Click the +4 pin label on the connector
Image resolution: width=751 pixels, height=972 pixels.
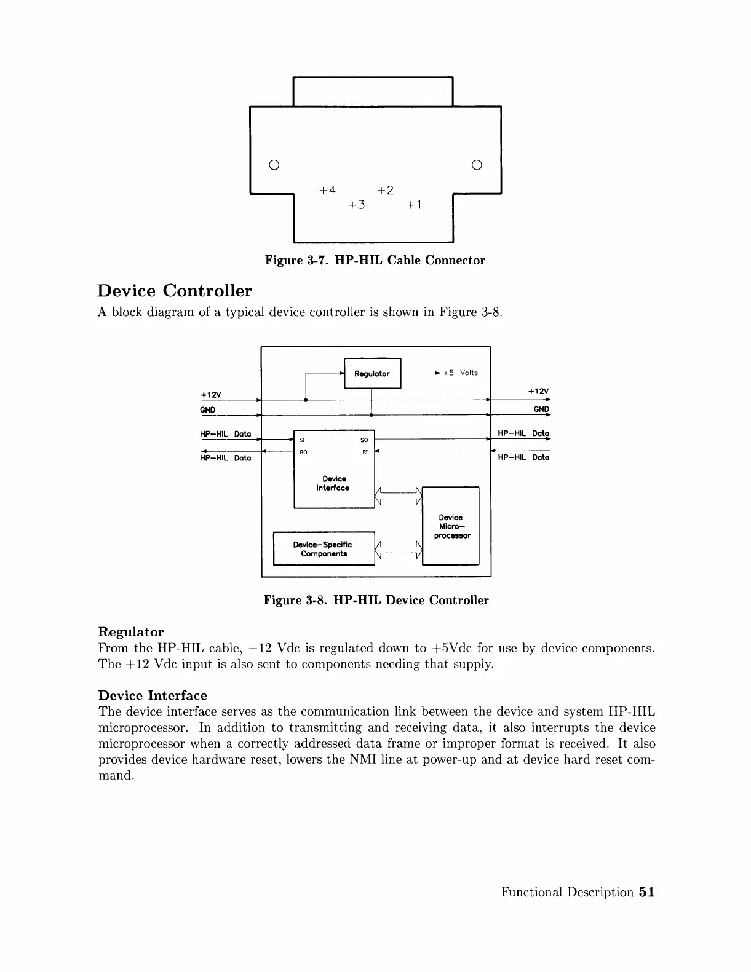[x=327, y=190]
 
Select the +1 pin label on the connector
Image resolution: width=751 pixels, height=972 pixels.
[x=414, y=205]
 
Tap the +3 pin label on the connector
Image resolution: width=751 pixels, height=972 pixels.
[x=356, y=205]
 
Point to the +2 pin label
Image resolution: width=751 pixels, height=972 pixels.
[x=385, y=190]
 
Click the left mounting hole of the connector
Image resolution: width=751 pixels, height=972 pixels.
[x=274, y=165]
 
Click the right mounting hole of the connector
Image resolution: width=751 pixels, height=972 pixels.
[x=477, y=165]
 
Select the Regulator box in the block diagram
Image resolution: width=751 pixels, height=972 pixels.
[x=372, y=373]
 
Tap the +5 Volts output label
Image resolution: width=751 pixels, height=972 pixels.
[x=460, y=373]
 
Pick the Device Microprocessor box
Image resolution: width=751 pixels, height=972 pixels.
[x=451, y=526]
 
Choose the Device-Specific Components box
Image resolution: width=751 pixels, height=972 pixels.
[x=324, y=549]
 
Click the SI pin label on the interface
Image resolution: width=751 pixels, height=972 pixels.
[x=302, y=440]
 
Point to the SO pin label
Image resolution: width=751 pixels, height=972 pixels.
[x=364, y=440]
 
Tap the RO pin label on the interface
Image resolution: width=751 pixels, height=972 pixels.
[x=303, y=452]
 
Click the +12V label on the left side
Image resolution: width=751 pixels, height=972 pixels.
[x=211, y=393]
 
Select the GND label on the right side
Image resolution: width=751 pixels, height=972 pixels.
[x=541, y=409]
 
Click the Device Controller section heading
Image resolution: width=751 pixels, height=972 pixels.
[x=175, y=291]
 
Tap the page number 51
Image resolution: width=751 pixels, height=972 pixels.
[x=646, y=892]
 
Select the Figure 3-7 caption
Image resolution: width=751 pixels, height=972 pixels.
[x=375, y=260]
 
